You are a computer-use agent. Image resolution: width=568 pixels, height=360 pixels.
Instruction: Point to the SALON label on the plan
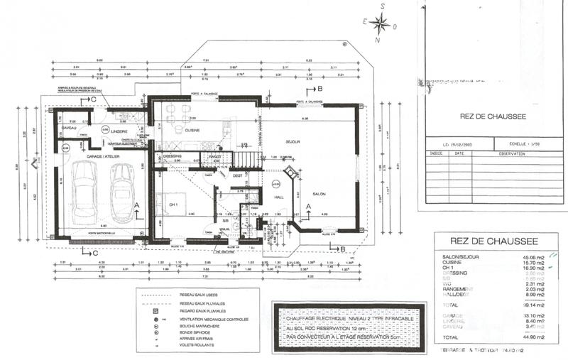[x=317, y=193]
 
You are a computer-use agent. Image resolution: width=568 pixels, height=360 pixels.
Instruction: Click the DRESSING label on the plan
[x=173, y=156]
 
